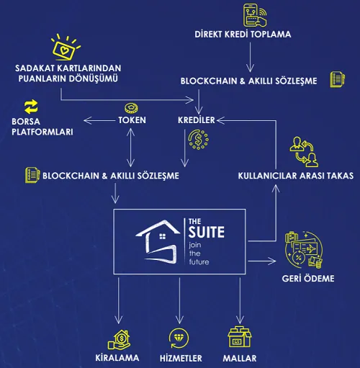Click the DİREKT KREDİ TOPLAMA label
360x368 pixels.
[x=243, y=35]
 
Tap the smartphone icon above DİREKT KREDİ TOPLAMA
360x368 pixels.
[x=255, y=15]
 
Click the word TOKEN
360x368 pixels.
[x=132, y=120]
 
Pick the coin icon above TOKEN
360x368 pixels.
[x=131, y=108]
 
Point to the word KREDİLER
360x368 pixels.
[x=197, y=120]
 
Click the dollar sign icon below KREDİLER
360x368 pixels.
[x=198, y=140]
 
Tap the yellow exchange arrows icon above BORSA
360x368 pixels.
[x=31, y=107]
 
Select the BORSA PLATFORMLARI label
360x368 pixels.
[x=42, y=127]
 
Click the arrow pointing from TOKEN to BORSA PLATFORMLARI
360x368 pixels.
[x=99, y=120]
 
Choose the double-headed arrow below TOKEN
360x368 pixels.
[x=130, y=148]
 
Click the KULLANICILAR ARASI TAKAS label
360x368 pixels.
[x=296, y=176]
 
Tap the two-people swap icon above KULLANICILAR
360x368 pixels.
[x=304, y=152]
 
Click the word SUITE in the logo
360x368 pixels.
[x=207, y=232]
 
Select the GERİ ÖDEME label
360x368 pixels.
[x=308, y=279]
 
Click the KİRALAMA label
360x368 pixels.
[x=117, y=358]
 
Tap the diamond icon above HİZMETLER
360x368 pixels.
[x=179, y=338]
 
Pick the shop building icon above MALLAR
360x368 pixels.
[x=240, y=336]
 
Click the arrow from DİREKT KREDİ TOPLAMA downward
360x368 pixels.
[x=250, y=57]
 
